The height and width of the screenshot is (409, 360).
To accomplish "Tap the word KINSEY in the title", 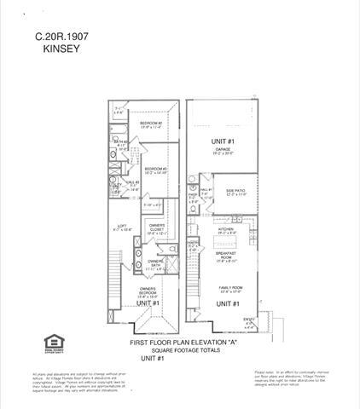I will [x=60, y=50].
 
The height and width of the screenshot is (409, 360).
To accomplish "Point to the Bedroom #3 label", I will [x=154, y=170].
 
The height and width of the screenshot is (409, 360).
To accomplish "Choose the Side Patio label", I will [x=236, y=189].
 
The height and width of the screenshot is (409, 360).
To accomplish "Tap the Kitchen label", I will [x=227, y=229].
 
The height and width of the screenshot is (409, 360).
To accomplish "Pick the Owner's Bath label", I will [x=155, y=262].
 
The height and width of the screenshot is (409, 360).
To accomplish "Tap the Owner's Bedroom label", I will [x=148, y=291].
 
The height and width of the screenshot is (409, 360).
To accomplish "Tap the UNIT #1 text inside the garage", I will [x=224, y=139].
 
